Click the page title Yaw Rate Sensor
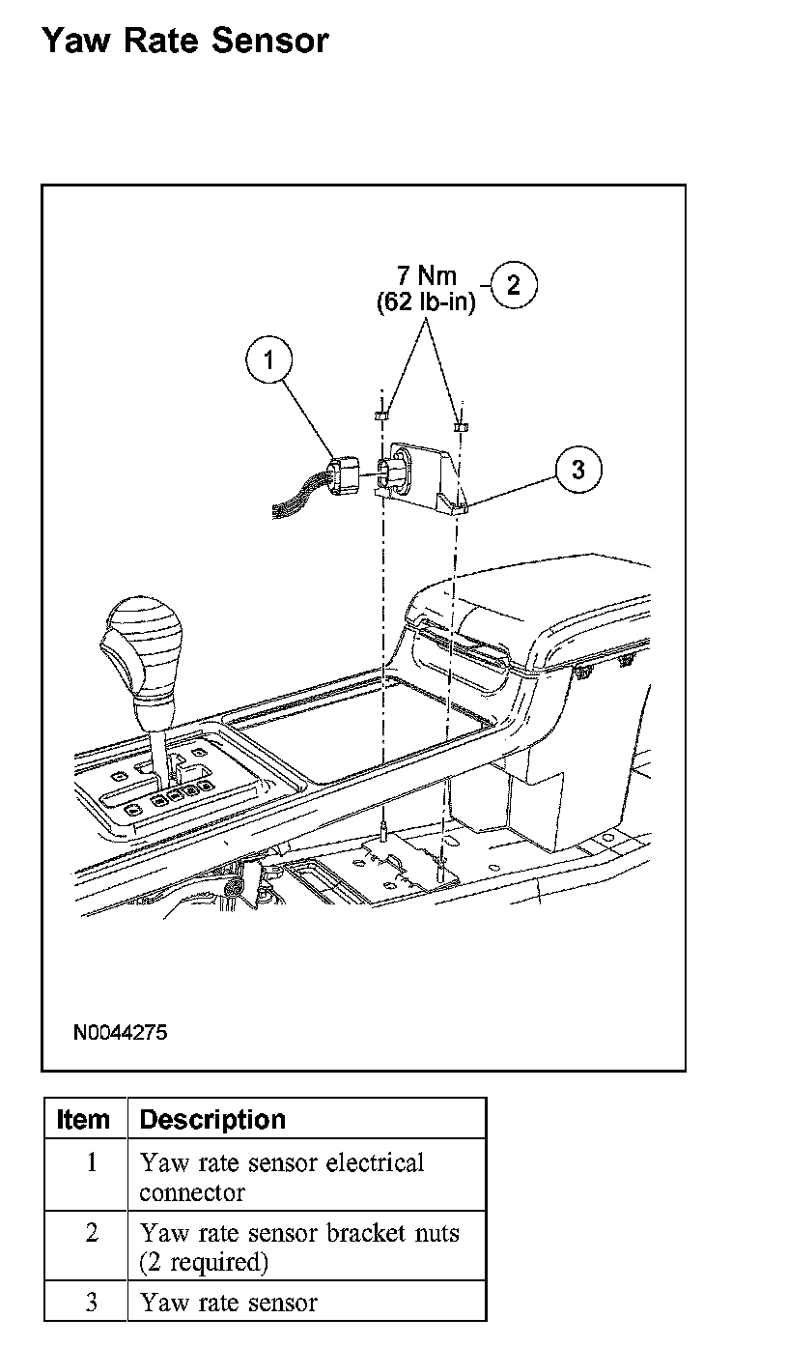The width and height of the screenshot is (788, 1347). (185, 41)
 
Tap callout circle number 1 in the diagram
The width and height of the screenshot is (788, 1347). (269, 360)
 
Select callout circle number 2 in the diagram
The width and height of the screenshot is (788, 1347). (514, 284)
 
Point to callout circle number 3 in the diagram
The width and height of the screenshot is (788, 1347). (578, 470)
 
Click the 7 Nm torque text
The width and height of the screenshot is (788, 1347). (426, 275)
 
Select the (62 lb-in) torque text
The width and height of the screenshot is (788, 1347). (426, 302)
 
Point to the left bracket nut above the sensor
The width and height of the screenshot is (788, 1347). (380, 415)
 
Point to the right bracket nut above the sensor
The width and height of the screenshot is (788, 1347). (460, 424)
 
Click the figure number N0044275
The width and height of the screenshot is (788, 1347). (120, 1032)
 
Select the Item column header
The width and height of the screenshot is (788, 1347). (84, 1120)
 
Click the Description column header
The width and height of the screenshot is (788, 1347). (212, 1120)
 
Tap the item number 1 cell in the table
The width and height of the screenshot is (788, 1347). (92, 1161)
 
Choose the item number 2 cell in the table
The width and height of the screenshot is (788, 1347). (92, 1233)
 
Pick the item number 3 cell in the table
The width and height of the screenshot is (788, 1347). (92, 1303)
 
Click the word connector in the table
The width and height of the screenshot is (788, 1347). (192, 1192)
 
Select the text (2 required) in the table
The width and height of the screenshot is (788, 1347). (203, 1262)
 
